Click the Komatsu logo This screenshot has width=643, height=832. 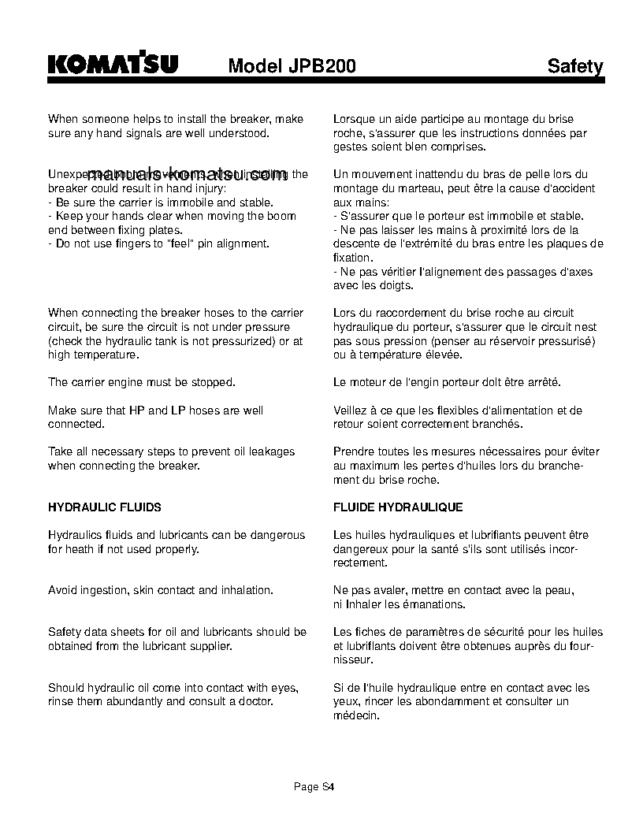tap(113, 64)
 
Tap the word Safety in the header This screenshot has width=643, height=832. tap(575, 66)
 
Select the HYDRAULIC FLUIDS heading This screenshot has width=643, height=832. tap(105, 507)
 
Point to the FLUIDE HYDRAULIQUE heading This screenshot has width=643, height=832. tap(398, 507)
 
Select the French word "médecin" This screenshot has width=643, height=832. tap(356, 715)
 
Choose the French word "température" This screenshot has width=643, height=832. tap(378, 355)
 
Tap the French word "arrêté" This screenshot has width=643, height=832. tap(541, 382)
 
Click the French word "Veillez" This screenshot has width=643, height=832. tap(351, 410)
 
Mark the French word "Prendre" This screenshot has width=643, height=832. tap(355, 451)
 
